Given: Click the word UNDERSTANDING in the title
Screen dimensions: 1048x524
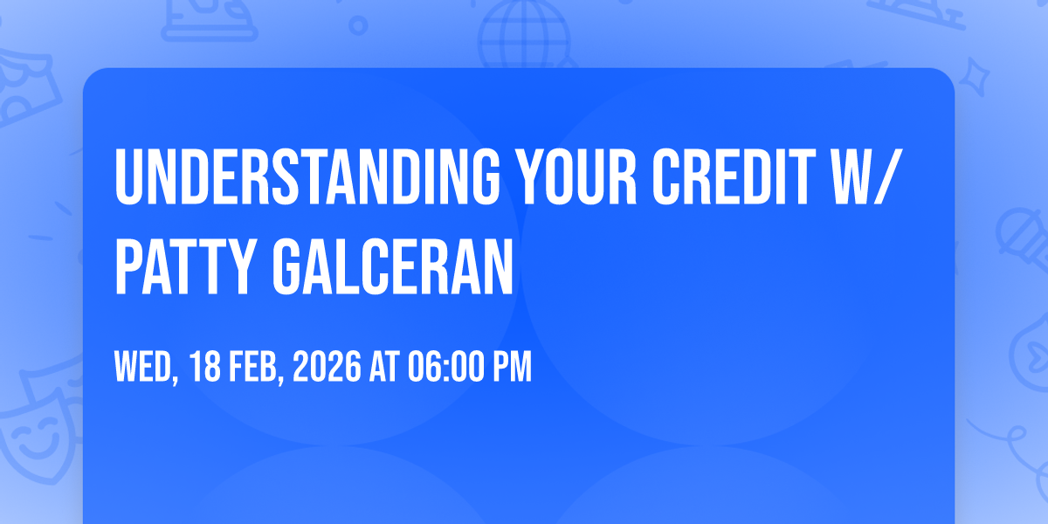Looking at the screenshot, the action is (x=307, y=176).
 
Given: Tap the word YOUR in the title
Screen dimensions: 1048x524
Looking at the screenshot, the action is (x=579, y=176).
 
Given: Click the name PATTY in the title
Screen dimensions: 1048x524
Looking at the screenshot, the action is (x=184, y=266).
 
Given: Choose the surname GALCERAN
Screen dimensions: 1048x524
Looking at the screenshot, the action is (x=392, y=266).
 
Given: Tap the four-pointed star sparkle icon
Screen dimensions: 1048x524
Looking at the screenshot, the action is (x=975, y=78).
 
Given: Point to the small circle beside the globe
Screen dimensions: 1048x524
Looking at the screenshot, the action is (x=358, y=25).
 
